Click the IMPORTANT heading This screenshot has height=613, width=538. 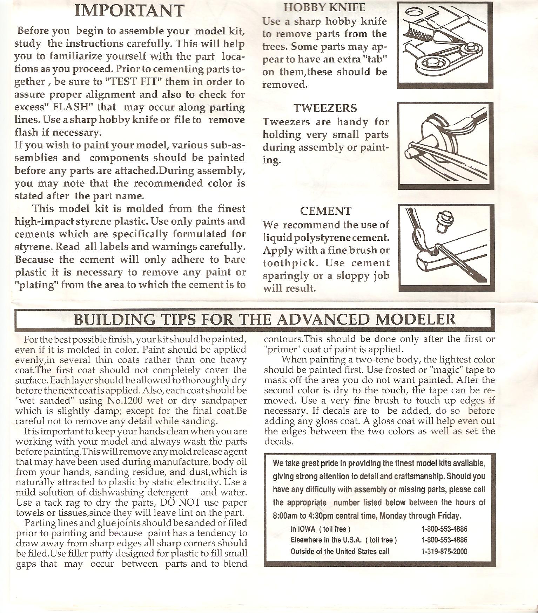(x=129, y=11)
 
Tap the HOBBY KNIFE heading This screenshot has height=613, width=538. (x=324, y=7)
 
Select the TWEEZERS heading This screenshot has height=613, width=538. (x=325, y=108)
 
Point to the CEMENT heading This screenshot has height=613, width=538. (x=325, y=211)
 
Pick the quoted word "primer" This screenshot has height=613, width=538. (x=279, y=349)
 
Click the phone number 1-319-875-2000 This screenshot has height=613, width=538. (x=444, y=551)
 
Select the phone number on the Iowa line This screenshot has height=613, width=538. (x=444, y=529)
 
